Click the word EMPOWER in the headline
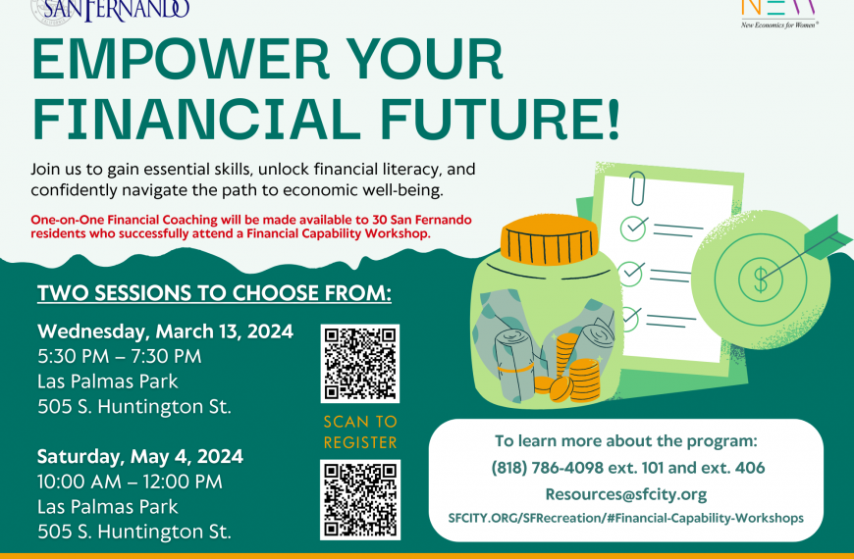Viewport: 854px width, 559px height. pyautogui.click(x=181, y=59)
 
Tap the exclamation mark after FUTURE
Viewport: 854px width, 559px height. pyautogui.click(x=614, y=119)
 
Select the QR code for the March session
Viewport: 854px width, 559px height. pyautogui.click(x=360, y=364)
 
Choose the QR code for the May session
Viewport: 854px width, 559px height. pyautogui.click(x=360, y=500)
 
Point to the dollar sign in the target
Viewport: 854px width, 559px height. pyautogui.click(x=761, y=279)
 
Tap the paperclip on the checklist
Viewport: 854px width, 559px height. pyautogui.click(x=637, y=188)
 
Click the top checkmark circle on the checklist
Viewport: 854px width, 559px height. pyautogui.click(x=633, y=229)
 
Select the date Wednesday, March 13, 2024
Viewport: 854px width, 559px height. pyautogui.click(x=166, y=331)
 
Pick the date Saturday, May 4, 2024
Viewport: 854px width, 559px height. pyautogui.click(x=140, y=457)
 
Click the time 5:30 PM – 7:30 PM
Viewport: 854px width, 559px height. pyautogui.click(x=120, y=357)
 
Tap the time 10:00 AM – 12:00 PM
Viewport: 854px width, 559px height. pyautogui.click(x=130, y=482)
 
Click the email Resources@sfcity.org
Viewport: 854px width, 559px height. pyautogui.click(x=626, y=494)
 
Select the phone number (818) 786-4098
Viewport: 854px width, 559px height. pyautogui.click(x=548, y=468)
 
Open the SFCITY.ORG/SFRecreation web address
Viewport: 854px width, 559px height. pyautogui.click(x=626, y=518)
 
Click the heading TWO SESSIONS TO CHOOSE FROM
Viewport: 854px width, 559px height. pyautogui.click(x=214, y=293)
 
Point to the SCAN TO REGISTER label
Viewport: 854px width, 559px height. pyautogui.click(x=360, y=432)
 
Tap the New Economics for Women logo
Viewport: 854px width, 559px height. pyautogui.click(x=778, y=14)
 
